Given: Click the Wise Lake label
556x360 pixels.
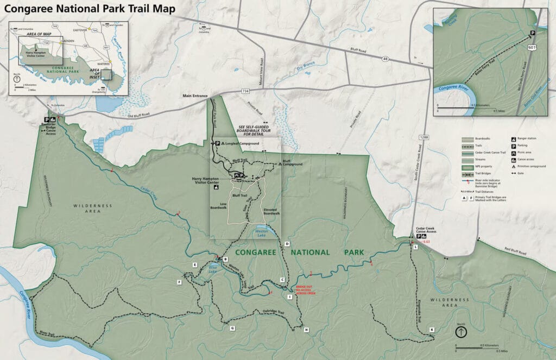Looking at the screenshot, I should point(212,269).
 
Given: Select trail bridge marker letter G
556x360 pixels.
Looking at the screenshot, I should point(232,328).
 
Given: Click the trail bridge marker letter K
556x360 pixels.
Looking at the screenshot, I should point(432,330).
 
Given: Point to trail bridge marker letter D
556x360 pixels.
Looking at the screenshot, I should point(287,244).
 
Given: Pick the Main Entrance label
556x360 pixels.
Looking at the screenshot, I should point(195,96).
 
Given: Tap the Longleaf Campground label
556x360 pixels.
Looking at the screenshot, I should point(242,143).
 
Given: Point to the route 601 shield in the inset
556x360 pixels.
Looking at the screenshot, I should point(533,46).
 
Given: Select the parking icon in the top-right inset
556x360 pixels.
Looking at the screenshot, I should point(532,33).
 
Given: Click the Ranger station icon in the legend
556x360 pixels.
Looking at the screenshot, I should point(514,140).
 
